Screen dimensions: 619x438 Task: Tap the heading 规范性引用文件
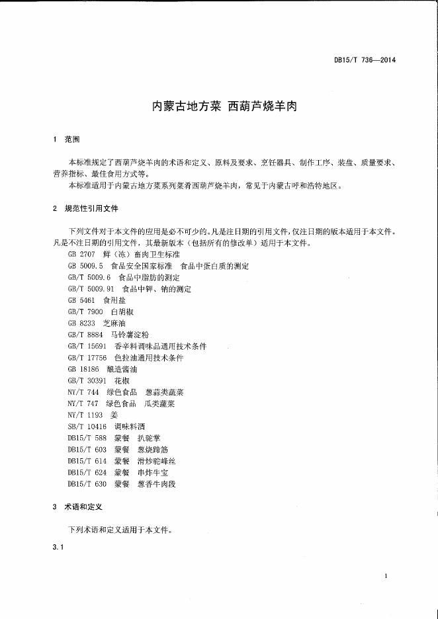click(91, 208)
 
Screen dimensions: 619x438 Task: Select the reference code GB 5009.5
click(85, 266)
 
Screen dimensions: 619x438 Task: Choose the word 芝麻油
click(114, 323)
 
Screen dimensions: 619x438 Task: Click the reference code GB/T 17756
click(87, 358)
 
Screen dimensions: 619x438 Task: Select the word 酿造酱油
click(122, 369)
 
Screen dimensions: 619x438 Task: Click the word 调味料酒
click(130, 427)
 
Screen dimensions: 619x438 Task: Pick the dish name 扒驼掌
click(149, 438)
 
